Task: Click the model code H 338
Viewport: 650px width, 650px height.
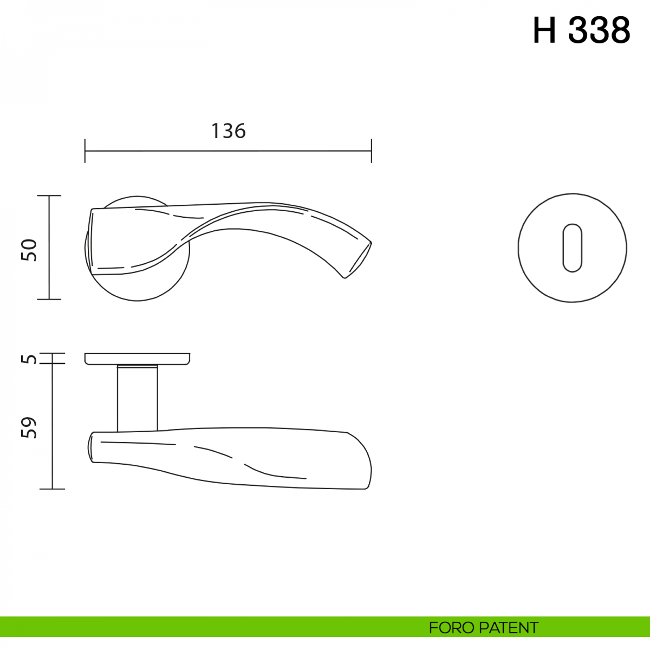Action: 582,30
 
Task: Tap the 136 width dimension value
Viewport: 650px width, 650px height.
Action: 229,131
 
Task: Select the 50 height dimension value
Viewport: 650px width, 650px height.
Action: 29,250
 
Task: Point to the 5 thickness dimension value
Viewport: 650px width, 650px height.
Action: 29,359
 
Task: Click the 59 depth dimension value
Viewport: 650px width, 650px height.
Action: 29,428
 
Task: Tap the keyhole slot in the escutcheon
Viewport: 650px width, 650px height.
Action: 572,248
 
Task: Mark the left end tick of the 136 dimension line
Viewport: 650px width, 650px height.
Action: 85,151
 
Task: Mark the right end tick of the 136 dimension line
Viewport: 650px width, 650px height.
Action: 372,151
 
